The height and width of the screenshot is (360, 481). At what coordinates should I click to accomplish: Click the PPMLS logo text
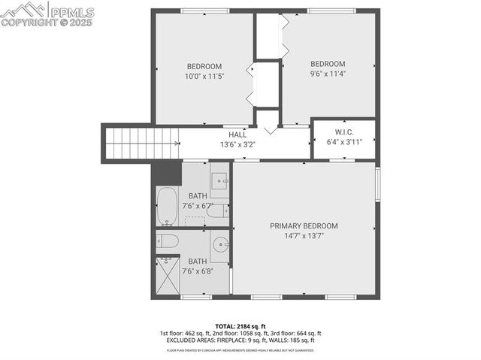pos(71,11)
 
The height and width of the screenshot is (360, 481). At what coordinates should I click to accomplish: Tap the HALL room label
pos(237,135)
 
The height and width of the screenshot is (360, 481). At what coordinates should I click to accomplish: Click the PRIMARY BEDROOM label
pos(304,225)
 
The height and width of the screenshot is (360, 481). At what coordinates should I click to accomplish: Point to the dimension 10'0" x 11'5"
pos(204,76)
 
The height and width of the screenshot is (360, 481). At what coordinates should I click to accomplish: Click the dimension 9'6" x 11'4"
pos(328,74)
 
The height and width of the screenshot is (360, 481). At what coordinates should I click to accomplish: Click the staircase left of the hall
pos(142,143)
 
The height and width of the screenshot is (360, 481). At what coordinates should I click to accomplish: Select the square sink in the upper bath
pos(219,180)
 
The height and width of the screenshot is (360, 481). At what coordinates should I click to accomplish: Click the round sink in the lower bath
pos(219,244)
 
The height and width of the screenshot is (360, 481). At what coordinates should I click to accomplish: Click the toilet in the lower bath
pos(168,241)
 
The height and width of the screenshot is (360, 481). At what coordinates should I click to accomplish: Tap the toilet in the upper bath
pos(216,212)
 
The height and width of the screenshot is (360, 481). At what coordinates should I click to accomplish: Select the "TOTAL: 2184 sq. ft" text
pos(240,325)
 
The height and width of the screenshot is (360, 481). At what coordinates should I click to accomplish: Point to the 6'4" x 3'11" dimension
pos(343,141)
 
